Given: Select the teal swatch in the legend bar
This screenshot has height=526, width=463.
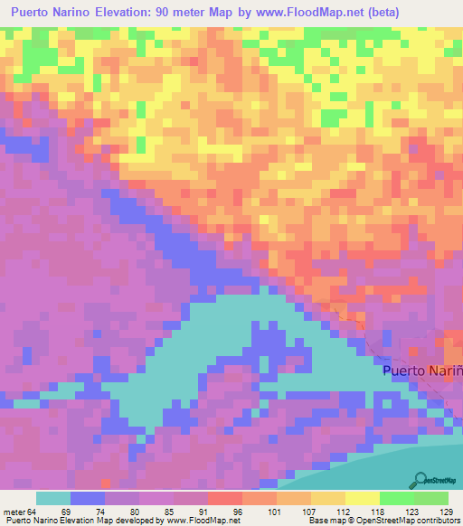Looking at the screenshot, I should click(x=52, y=498).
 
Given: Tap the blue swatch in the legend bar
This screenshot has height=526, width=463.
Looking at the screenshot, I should click(x=87, y=498).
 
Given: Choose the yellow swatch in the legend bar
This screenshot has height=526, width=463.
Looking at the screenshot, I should click(x=362, y=498).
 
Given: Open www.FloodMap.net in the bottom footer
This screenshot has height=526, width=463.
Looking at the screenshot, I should click(x=196, y=521).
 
